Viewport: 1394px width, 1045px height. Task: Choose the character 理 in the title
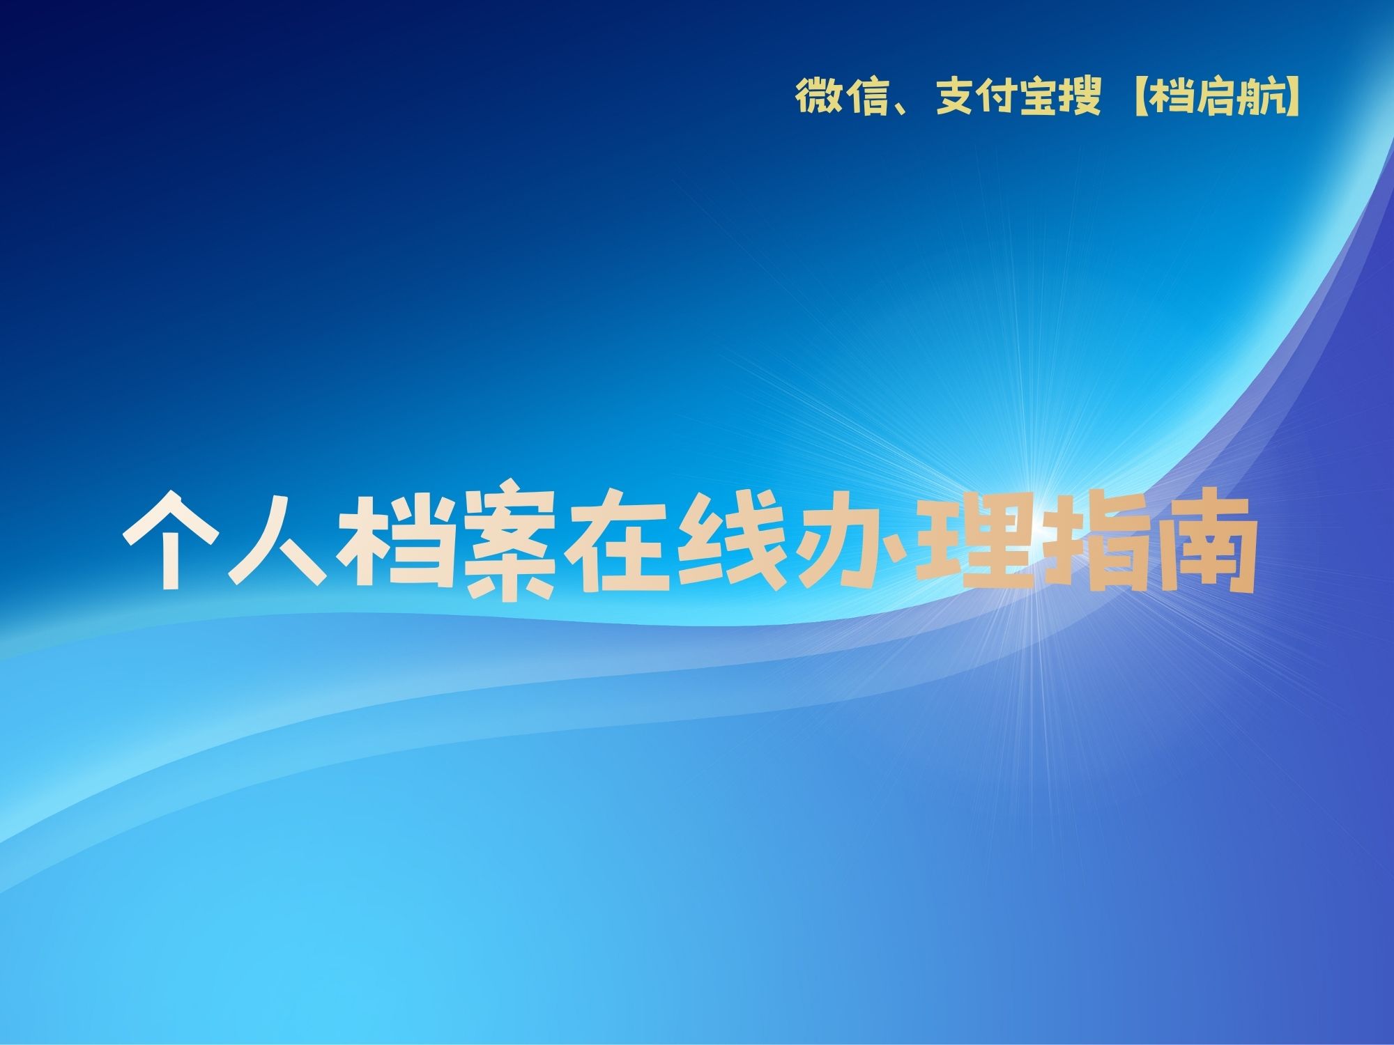[x=970, y=541]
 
